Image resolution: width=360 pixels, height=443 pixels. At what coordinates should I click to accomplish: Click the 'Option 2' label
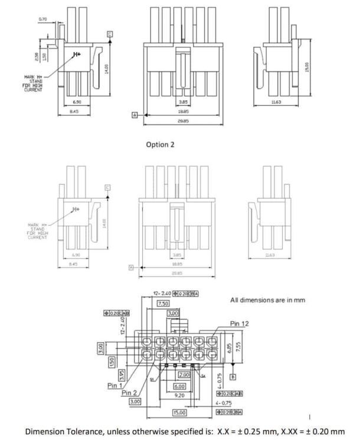tap(160, 144)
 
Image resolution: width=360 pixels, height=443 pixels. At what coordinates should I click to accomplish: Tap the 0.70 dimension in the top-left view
tap(42, 19)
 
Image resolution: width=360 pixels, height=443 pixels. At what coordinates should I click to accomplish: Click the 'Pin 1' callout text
tap(116, 385)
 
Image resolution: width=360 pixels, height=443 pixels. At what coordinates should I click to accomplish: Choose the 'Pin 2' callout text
tap(130, 393)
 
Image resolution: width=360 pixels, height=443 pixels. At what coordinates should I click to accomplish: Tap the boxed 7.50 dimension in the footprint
tap(163, 303)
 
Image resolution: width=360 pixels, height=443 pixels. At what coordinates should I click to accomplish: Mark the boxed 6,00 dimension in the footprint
tap(179, 386)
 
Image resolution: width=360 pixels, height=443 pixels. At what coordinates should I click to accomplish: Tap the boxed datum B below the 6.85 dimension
tap(233, 376)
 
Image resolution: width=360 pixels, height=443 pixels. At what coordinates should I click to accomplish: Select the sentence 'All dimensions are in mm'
tap(267, 300)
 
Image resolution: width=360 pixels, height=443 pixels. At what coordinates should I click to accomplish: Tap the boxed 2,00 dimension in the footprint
tap(184, 374)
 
